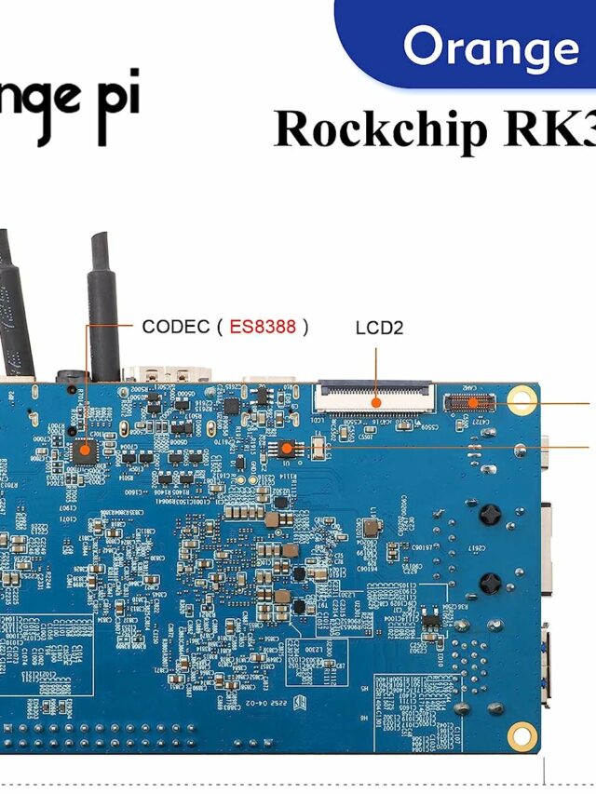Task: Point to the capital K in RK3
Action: point(562,129)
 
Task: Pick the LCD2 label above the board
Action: point(379,328)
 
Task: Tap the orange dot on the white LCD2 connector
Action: point(376,402)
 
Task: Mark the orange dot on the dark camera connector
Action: point(474,403)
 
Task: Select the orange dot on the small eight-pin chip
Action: point(287,449)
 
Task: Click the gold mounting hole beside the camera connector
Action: point(521,402)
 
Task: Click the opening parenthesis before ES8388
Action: point(219,327)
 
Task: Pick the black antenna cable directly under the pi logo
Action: point(104,307)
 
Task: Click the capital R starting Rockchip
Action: point(291,129)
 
